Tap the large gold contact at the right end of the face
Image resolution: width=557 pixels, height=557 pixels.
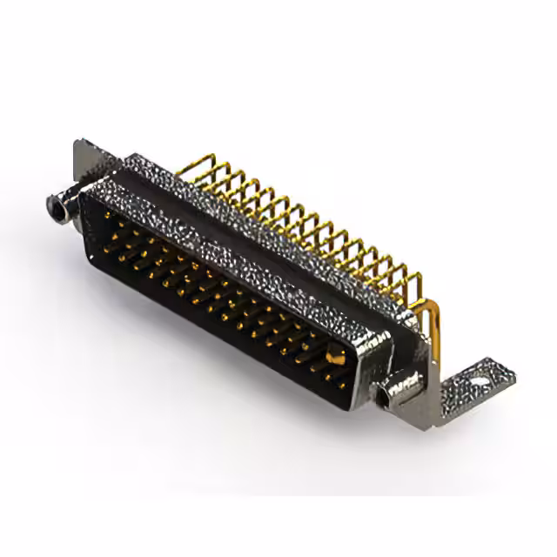(334, 356)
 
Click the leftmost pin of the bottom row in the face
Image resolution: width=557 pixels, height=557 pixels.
(117, 252)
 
